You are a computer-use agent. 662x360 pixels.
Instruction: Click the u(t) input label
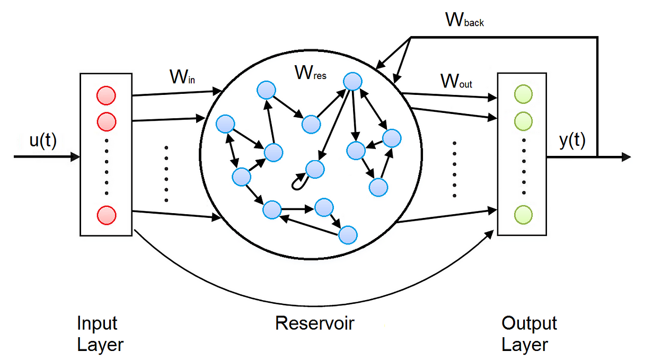pos(43,142)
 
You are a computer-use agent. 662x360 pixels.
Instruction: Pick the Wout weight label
pos(456,81)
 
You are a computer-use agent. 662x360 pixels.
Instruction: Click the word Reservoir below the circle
pos(314,323)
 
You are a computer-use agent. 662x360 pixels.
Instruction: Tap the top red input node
pos(105,96)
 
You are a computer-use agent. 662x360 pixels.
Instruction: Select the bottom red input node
pos(105,215)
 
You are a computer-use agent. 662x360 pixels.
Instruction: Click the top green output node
pos(523,95)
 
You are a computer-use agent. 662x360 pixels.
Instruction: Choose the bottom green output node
pos(523,214)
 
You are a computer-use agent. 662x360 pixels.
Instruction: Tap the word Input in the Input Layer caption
pos(97,323)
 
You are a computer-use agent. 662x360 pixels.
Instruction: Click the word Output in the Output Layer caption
pos(529,323)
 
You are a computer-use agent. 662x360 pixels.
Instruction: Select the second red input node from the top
pos(105,121)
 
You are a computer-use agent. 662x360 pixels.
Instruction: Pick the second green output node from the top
pos(523,121)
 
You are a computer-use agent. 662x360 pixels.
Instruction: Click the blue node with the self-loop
pos(314,170)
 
